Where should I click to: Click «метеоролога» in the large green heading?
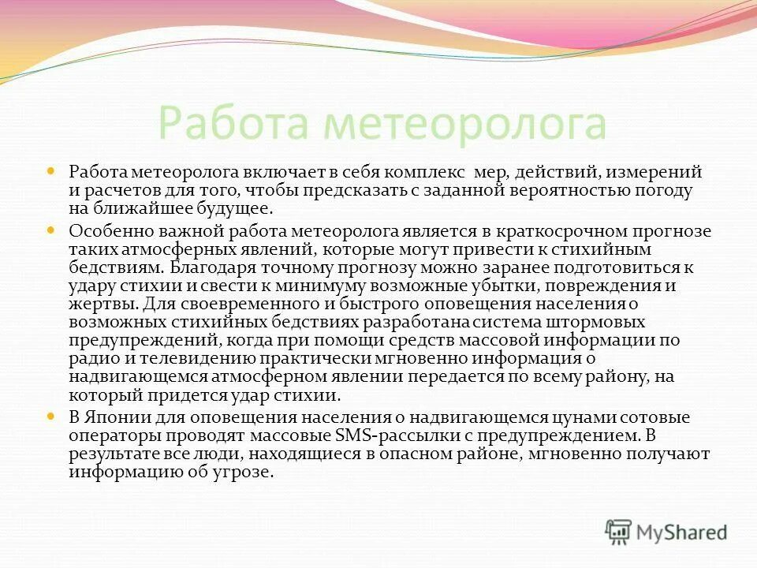pyautogui.click(x=466, y=122)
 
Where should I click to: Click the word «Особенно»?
pyautogui.click(x=104, y=231)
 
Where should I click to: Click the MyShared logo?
pyautogui.click(x=666, y=532)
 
